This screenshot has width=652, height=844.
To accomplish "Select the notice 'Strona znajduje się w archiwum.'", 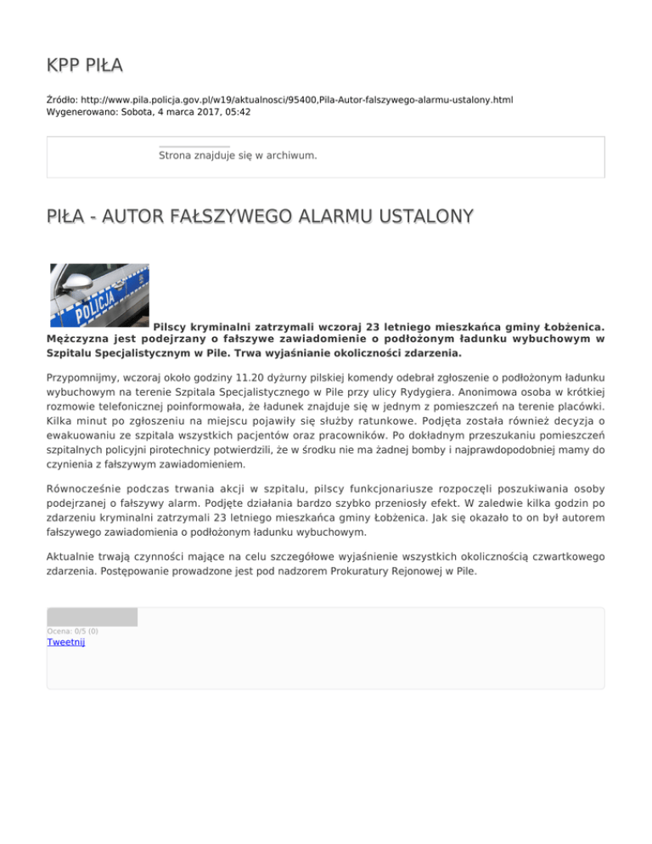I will [x=238, y=155].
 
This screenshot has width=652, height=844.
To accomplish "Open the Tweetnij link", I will [x=65, y=642].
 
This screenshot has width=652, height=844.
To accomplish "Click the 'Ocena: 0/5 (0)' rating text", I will [x=72, y=631].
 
